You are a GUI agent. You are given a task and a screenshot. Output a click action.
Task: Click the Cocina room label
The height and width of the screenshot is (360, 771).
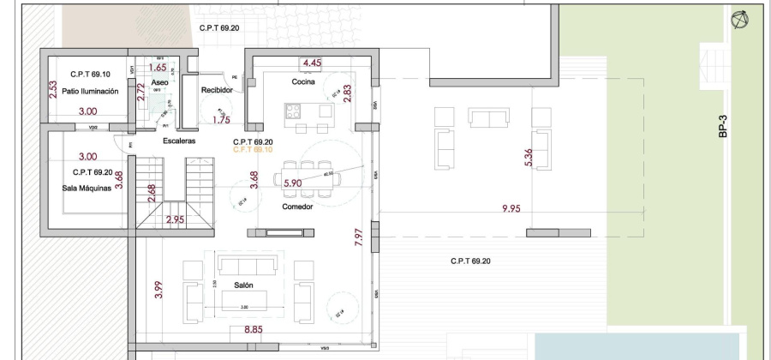point(304,82)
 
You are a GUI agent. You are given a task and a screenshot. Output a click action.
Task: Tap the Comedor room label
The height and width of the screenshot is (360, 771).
point(296,207)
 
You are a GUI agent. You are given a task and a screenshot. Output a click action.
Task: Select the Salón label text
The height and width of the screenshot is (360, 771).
point(243,285)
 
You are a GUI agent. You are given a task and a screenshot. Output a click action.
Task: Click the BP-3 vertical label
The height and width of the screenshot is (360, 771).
point(723,129)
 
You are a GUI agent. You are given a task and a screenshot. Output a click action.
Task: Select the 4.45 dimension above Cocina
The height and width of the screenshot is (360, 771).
point(312,63)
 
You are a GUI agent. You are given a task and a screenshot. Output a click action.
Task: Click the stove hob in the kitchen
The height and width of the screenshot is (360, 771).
point(294,110)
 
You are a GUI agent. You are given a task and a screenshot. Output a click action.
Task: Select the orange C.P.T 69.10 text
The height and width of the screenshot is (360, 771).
point(253,149)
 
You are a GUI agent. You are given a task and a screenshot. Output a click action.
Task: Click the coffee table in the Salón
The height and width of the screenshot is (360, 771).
point(243,300)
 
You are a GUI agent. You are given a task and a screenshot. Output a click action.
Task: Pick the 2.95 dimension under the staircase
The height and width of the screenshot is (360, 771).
point(175,219)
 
